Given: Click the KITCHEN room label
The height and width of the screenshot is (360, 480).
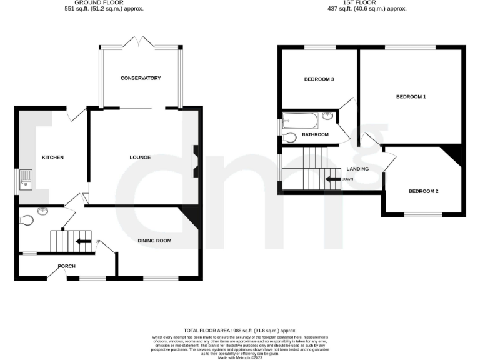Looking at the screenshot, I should [x=52, y=157].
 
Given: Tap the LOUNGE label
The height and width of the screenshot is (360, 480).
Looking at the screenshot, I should [x=141, y=157].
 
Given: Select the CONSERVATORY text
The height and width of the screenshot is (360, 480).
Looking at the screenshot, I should [x=141, y=78].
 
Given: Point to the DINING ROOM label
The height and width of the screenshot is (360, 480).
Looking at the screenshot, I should [x=154, y=241].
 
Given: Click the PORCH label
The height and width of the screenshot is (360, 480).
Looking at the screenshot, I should [x=66, y=266].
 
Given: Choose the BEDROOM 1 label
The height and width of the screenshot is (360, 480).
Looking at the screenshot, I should [x=411, y=97].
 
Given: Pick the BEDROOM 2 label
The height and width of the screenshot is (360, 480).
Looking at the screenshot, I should [x=423, y=191].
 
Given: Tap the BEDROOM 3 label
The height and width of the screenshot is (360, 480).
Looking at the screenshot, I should [x=319, y=79].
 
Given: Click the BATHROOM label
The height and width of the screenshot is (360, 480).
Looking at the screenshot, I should [x=315, y=134].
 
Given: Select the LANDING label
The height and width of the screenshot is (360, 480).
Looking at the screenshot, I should [x=357, y=169].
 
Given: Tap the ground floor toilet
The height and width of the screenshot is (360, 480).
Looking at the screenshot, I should [x=27, y=220].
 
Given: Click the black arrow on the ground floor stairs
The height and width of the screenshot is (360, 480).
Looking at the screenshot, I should [x=83, y=241].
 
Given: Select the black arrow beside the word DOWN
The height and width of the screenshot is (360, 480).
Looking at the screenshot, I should [x=332, y=179].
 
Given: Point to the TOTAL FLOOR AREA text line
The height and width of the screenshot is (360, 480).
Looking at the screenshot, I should [x=240, y=331].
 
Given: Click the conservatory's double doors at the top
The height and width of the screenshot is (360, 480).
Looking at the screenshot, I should [x=140, y=42].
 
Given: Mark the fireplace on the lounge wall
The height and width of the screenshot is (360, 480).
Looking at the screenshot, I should [x=196, y=161].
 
